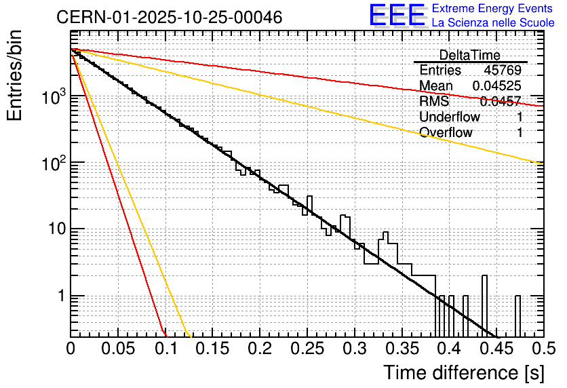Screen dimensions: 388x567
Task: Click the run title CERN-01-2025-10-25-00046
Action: (169, 17)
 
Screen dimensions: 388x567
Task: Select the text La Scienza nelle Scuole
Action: (493, 22)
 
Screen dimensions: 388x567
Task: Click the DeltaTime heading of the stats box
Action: (469, 55)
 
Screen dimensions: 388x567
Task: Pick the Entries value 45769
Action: (503, 71)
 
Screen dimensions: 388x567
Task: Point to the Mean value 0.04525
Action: (496, 86)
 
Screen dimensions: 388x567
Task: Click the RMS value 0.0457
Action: (500, 102)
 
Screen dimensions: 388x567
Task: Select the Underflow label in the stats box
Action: (450, 117)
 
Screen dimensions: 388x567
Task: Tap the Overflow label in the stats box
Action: (446, 133)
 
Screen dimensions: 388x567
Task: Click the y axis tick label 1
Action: (60, 296)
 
